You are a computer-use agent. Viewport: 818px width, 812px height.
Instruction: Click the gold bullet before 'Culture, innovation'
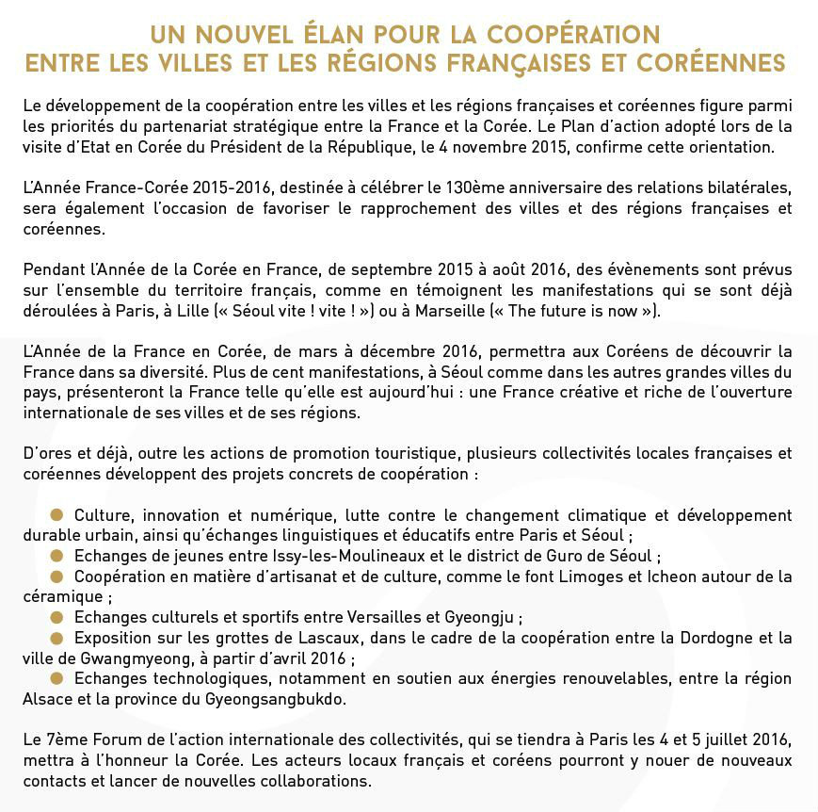56,514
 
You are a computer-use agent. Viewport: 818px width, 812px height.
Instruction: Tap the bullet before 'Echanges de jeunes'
56,555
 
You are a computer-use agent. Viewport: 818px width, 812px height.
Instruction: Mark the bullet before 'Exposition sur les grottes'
56,638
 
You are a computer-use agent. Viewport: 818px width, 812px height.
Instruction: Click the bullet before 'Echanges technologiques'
56,678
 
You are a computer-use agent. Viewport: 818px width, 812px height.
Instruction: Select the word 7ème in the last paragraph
64,740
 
